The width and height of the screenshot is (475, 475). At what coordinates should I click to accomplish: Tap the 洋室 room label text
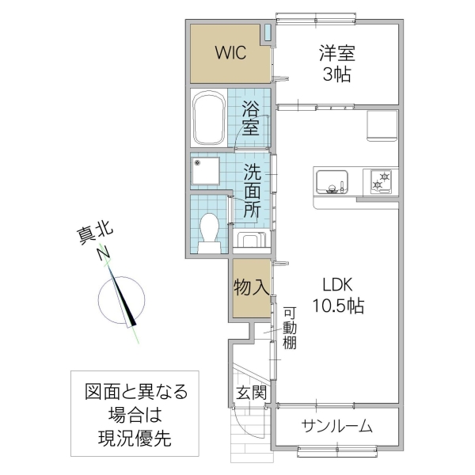tap(337, 54)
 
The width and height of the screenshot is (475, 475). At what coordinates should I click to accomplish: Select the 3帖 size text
tap(337, 76)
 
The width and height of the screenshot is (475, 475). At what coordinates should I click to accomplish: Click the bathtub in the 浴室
tap(210, 119)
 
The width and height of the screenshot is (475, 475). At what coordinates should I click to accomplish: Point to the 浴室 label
tap(251, 119)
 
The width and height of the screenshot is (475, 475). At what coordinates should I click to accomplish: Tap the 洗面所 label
tap(251, 191)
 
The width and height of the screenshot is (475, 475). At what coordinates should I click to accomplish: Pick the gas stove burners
tap(380, 181)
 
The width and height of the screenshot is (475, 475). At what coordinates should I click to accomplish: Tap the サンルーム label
tap(336, 426)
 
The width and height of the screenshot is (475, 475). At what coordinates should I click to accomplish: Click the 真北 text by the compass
tap(94, 234)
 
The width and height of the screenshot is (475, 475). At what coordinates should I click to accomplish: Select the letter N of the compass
tap(102, 253)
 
